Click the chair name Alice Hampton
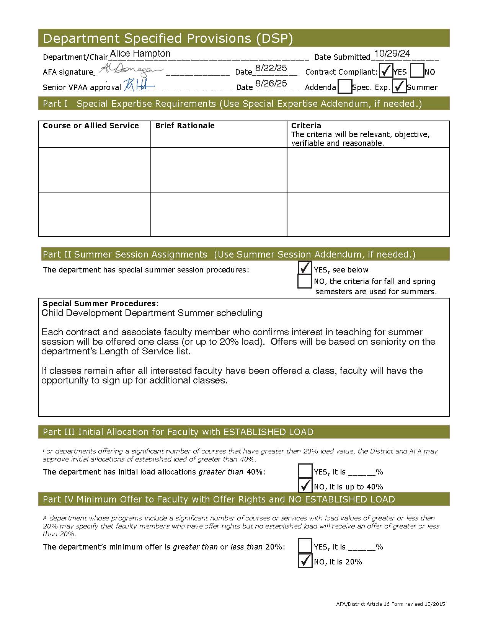140,54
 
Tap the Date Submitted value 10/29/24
392,54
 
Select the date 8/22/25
271,68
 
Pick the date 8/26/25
271,83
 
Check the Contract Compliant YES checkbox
386,71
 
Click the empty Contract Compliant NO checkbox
417,71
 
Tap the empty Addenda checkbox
345,86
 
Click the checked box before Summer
399,86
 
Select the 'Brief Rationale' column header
185,126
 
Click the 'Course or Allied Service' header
91,126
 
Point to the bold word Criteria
306,126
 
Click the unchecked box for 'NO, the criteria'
305,281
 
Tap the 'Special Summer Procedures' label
100,303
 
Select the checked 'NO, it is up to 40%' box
305,486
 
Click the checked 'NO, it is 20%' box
305,561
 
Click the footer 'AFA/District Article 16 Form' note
390,604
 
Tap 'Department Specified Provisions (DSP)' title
168,38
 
